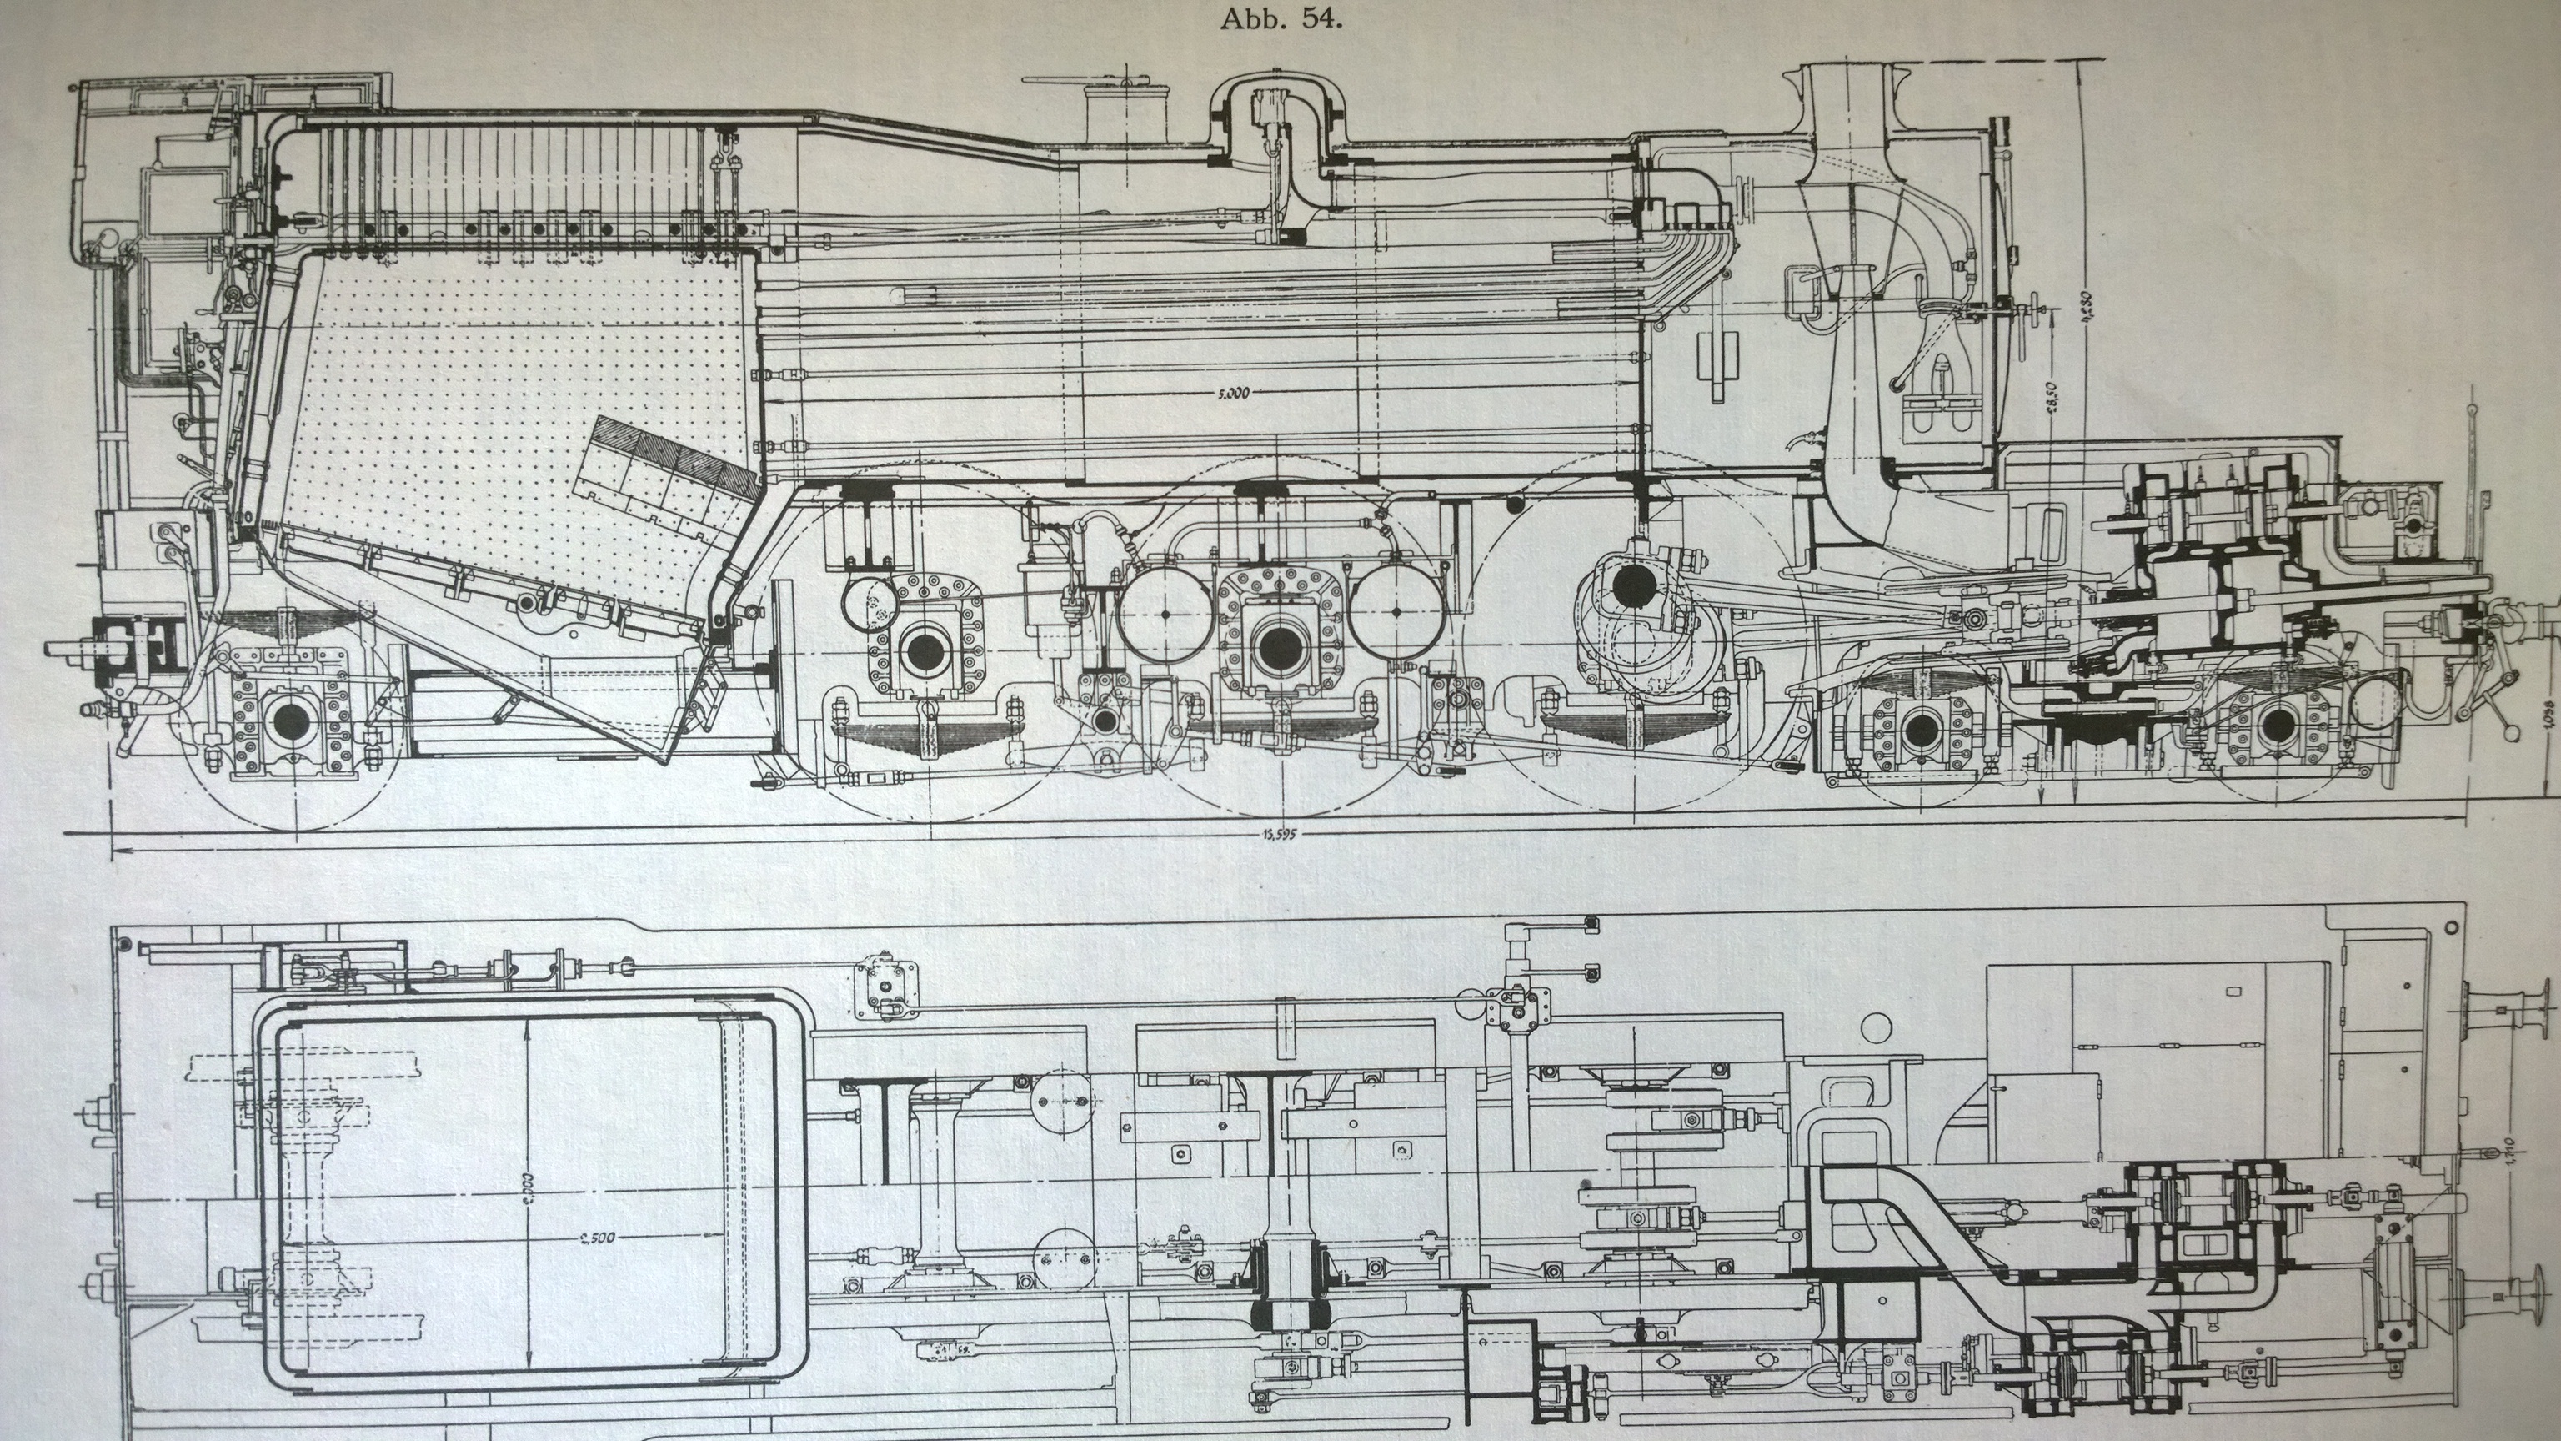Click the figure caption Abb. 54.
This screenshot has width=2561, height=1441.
pos(1281,20)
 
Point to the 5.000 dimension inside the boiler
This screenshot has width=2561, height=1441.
pos(1232,393)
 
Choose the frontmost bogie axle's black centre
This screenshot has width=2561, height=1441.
pos(2277,729)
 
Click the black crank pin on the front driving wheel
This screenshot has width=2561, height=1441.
pos(1631,587)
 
